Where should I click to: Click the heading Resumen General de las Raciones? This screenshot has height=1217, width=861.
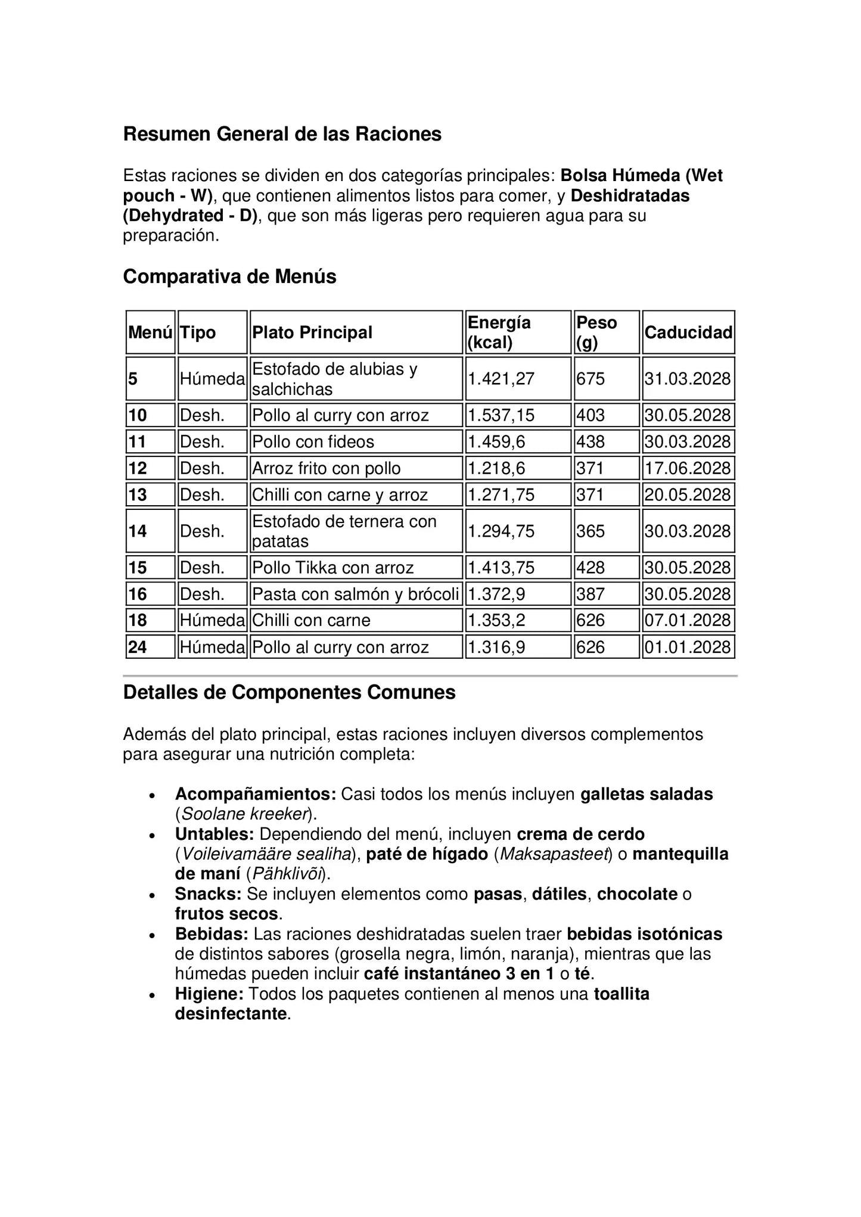(x=282, y=134)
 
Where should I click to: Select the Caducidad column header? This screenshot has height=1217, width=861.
(x=688, y=332)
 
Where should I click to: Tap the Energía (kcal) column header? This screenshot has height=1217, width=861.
(x=499, y=332)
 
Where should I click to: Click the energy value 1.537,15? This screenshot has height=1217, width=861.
(x=501, y=415)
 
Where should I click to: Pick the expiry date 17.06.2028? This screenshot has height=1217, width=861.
(x=688, y=468)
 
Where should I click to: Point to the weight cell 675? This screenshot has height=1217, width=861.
(x=590, y=379)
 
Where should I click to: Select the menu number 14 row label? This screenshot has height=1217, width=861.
(x=138, y=531)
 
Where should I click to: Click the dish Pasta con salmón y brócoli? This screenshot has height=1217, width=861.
(x=355, y=594)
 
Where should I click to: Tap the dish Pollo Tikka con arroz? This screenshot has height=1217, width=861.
(x=332, y=568)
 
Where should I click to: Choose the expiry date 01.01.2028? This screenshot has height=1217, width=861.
(x=688, y=647)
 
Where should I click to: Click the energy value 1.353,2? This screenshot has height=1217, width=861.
(x=496, y=620)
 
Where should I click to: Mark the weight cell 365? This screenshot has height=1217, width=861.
(x=590, y=531)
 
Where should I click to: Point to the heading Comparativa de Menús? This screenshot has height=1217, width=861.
(x=229, y=276)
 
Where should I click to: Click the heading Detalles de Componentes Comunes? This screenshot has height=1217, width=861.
(x=289, y=692)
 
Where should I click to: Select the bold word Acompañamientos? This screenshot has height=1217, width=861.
(x=256, y=794)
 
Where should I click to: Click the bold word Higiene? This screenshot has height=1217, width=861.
(x=209, y=994)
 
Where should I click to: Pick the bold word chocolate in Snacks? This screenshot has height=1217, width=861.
(x=637, y=894)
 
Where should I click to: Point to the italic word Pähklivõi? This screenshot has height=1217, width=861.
(x=288, y=874)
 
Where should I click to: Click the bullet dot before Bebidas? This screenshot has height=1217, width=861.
(x=153, y=935)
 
